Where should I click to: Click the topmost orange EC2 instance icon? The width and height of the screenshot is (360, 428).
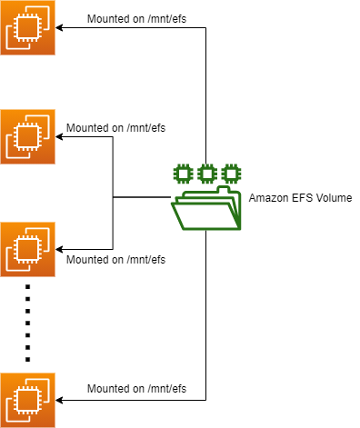click(28, 28)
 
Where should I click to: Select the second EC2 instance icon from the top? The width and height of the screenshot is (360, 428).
click(28, 136)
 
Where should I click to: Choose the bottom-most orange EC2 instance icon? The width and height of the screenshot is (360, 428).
click(28, 399)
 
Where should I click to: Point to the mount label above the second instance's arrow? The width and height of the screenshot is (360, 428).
click(115, 127)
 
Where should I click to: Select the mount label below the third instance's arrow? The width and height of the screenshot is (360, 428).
click(115, 259)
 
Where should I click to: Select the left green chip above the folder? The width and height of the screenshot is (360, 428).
click(182, 172)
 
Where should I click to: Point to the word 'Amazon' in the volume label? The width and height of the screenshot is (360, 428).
click(267, 196)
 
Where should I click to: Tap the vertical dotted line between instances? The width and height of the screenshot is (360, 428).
click(28, 323)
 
